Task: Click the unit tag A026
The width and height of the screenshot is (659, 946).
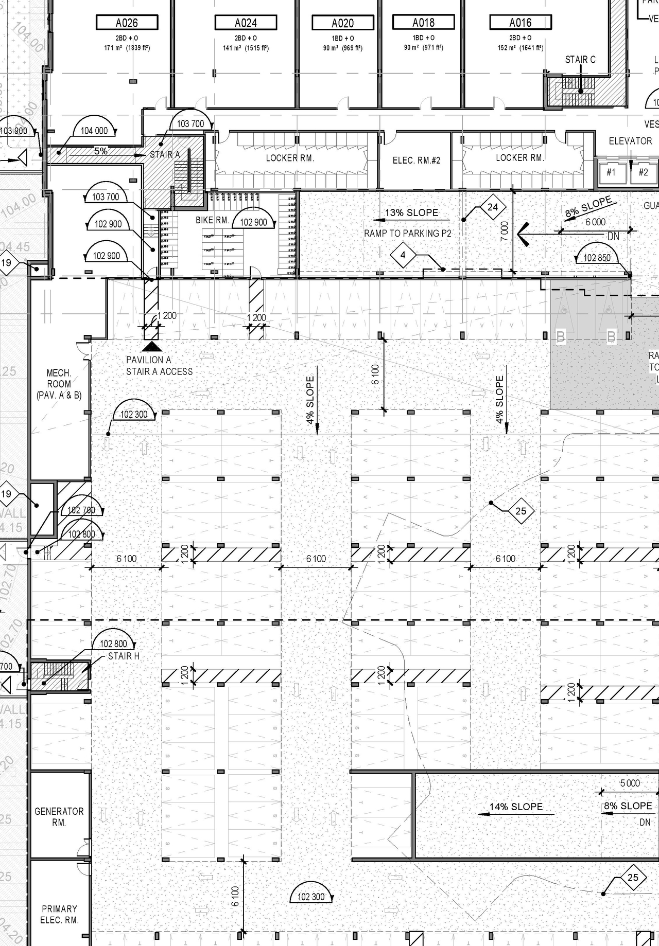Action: (x=127, y=23)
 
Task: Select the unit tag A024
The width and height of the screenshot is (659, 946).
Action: (x=246, y=23)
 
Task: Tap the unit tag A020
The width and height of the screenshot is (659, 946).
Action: (x=342, y=23)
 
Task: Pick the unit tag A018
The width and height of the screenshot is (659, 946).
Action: (x=423, y=22)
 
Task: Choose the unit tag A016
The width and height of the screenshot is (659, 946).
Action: (x=521, y=22)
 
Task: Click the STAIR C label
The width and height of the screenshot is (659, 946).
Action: (x=580, y=60)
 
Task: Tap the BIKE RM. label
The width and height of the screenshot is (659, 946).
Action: (x=212, y=220)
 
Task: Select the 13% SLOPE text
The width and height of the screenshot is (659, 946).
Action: (x=411, y=212)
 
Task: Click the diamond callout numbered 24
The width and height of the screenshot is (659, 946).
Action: (x=493, y=207)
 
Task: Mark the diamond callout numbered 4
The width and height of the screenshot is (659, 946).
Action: (x=403, y=255)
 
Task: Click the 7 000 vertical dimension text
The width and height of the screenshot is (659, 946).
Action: (x=505, y=231)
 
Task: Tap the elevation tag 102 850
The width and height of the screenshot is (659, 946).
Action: (x=597, y=258)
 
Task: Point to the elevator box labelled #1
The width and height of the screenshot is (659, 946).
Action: (x=611, y=172)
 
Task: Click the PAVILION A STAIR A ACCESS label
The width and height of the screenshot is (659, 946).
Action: (x=159, y=366)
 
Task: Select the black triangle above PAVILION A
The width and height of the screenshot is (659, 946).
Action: (x=151, y=347)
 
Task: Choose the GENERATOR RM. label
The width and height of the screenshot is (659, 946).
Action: (x=59, y=817)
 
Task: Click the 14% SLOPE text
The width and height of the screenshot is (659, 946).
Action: (x=516, y=807)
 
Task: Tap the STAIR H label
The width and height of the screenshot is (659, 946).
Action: (x=124, y=656)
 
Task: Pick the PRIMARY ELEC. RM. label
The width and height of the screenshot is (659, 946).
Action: (x=59, y=915)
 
